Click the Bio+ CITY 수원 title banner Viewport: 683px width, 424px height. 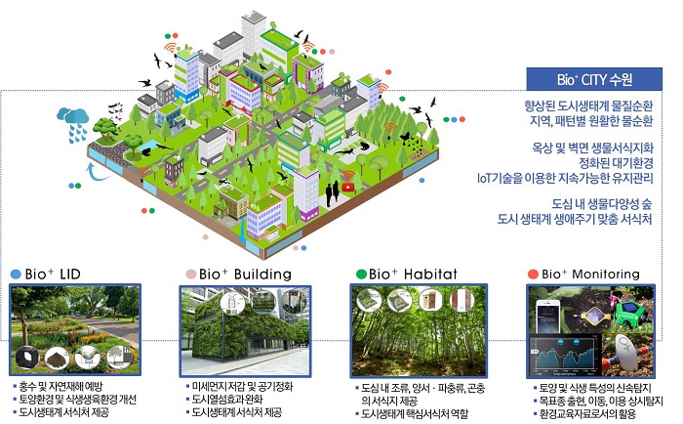pos(594,79)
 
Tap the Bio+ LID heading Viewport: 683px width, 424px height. pos(53,274)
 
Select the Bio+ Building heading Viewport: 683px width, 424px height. pos(245,274)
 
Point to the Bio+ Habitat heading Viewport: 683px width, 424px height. pos(413,274)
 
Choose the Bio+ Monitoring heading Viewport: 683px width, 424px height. pos(590,274)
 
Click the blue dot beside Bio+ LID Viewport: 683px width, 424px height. pos(16,275)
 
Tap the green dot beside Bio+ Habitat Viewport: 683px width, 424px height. pos(361,275)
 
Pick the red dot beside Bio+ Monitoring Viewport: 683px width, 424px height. pos(533,275)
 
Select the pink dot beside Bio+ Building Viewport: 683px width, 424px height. pos(191,275)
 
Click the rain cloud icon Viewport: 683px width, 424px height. pos(73,124)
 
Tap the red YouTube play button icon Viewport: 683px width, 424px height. pos(347,188)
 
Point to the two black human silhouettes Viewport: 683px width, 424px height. pos(333,193)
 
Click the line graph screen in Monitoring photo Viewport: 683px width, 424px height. pos(565,355)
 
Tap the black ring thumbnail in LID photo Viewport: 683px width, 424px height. pos(27,358)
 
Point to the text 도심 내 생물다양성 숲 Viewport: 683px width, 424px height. pos(602,204)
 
